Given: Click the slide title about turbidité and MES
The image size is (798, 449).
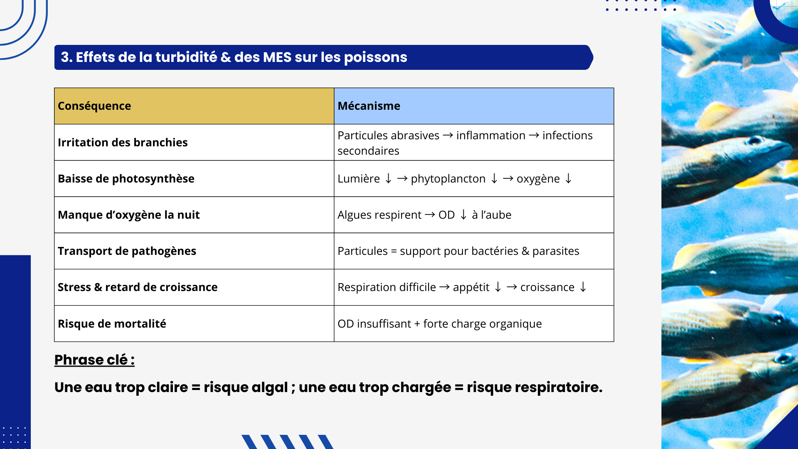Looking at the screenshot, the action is [x=234, y=57].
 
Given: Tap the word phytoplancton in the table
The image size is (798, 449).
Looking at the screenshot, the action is [x=448, y=179].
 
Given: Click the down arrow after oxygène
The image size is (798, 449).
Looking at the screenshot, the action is [x=569, y=179].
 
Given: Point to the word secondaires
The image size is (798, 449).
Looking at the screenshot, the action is [x=368, y=151].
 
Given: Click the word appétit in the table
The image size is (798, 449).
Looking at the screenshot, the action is [x=471, y=288].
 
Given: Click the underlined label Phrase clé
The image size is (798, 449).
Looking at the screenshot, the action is [x=94, y=360].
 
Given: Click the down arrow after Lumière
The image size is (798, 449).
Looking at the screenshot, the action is [x=389, y=179].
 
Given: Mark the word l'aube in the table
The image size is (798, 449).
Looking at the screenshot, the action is [x=496, y=215].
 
